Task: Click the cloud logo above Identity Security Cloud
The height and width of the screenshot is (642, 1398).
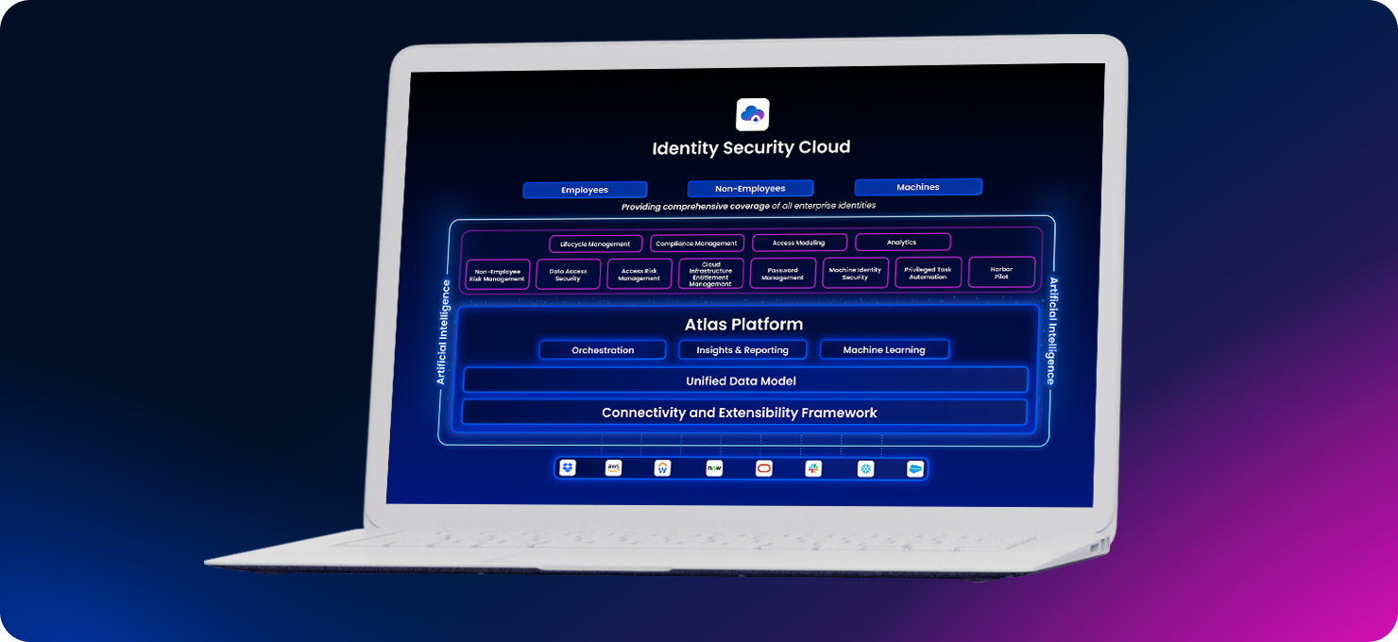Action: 753,115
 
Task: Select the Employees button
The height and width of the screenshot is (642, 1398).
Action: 585,190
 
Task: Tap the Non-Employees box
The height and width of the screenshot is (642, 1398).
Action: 750,189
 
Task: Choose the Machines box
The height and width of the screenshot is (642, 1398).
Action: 918,187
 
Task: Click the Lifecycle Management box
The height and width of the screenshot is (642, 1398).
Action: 595,244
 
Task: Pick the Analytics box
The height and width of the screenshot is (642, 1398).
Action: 902,243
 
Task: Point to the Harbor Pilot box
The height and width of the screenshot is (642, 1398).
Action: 1001,273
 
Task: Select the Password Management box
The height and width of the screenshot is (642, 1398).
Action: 783,274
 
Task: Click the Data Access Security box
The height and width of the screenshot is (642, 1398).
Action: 568,275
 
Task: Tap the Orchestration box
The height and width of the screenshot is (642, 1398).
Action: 603,350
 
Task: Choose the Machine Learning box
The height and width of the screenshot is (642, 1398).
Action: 884,349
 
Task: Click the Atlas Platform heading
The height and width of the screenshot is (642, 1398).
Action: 743,325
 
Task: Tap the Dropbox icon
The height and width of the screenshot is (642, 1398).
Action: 567,468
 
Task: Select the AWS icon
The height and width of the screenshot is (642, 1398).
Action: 614,468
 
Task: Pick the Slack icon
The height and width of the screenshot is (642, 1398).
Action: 813,468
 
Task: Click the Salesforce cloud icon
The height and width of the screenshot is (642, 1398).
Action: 914,469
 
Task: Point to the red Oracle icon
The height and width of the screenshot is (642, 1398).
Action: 764,468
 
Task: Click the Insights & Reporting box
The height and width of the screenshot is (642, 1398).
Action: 742,350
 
